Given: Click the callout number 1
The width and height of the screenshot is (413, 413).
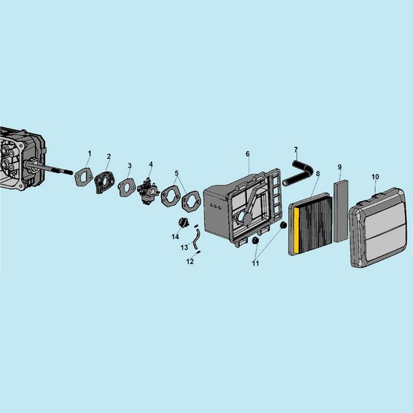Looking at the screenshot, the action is (x=90, y=154).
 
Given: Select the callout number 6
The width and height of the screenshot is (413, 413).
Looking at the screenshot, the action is (x=248, y=154).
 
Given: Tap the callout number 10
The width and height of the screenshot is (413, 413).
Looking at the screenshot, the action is (x=376, y=177).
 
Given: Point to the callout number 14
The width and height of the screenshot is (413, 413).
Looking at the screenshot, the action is (x=175, y=237).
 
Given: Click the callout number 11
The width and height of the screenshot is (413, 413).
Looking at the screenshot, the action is (x=256, y=263).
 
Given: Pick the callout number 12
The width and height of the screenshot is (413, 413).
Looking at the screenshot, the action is (x=190, y=262).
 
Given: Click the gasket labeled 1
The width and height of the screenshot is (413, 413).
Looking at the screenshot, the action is (x=83, y=177).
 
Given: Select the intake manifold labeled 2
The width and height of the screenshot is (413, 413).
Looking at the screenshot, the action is (x=104, y=182).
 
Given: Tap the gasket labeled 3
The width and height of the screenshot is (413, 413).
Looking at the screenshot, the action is (x=127, y=187).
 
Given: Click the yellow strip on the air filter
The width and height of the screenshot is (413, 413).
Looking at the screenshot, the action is (x=296, y=229).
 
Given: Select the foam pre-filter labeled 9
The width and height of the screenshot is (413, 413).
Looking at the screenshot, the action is (x=341, y=210).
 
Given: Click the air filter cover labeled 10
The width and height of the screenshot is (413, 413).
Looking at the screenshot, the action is (x=378, y=228).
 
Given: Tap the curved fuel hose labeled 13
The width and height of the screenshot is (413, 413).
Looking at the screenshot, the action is (x=196, y=239).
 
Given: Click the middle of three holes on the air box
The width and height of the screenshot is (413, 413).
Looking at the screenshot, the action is (x=216, y=206).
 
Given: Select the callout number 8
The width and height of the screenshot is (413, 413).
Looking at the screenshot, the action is (x=318, y=174).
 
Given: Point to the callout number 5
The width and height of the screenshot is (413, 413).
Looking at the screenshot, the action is (x=176, y=173).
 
